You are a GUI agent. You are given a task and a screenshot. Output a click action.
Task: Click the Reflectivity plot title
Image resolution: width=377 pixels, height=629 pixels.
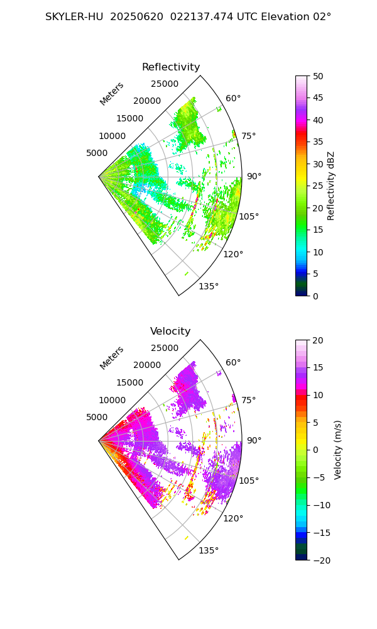(x=171, y=67)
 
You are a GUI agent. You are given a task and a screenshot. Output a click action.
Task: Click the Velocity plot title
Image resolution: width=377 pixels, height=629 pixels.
(x=170, y=331)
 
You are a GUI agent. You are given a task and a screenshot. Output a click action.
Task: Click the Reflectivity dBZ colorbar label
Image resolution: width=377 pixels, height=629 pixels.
(x=331, y=186)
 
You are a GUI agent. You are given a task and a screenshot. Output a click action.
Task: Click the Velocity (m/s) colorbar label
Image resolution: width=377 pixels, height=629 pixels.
(x=337, y=450)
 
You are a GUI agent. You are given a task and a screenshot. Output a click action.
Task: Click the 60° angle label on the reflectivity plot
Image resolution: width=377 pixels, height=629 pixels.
(x=233, y=98)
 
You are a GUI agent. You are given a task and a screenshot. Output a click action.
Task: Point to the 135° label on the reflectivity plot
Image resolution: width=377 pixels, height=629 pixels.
(x=209, y=287)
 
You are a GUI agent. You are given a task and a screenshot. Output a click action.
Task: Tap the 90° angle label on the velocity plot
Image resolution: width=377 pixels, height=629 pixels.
(x=253, y=440)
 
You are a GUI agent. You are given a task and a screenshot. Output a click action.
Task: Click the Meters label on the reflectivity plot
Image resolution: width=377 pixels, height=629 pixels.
(x=112, y=94)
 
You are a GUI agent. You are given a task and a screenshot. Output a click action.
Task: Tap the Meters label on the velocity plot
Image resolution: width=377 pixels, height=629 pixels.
(x=112, y=358)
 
